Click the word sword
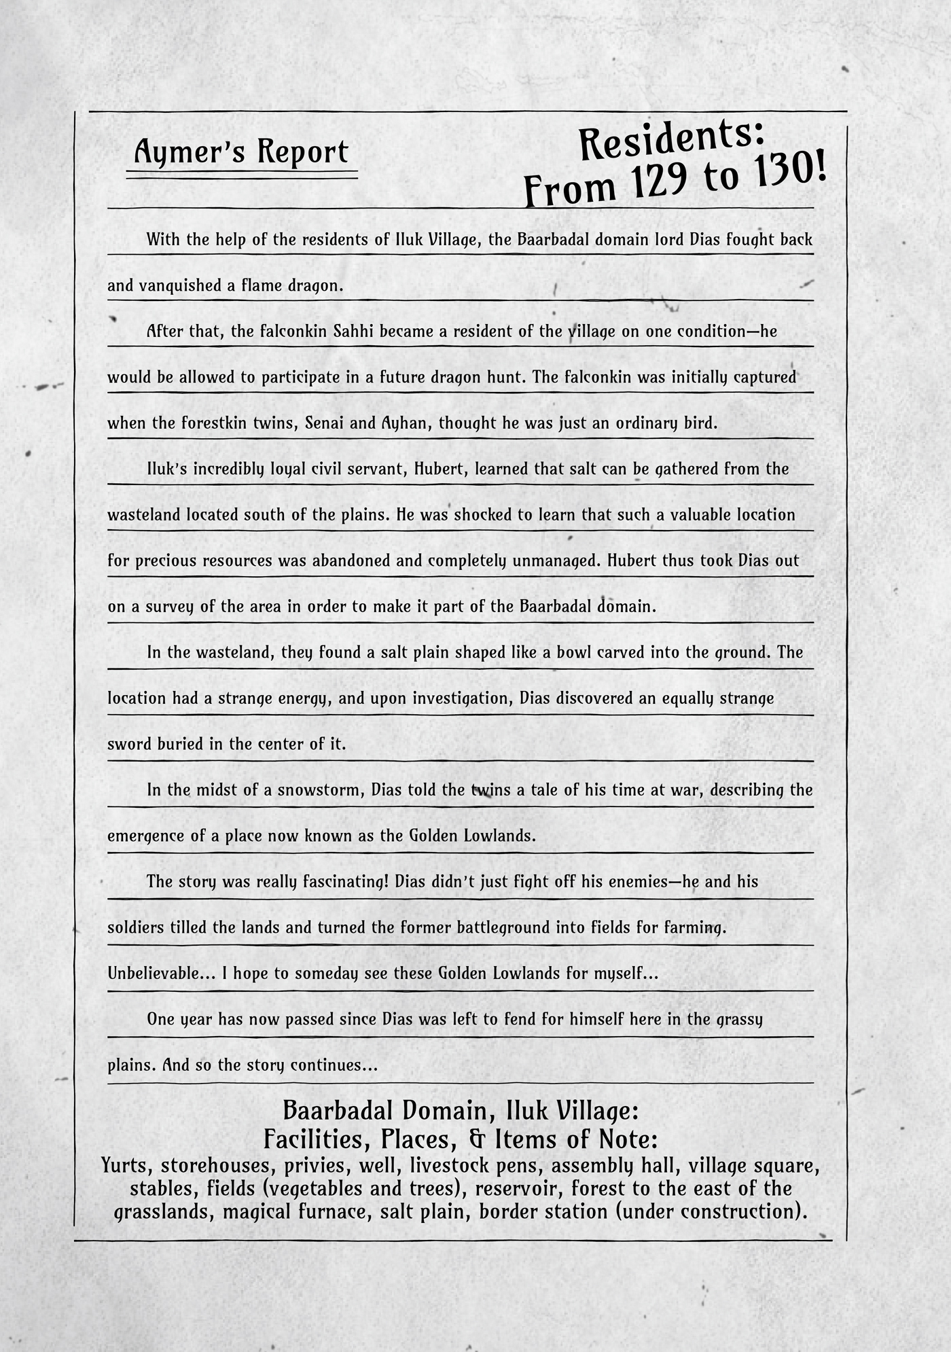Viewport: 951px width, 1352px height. pos(130,744)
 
